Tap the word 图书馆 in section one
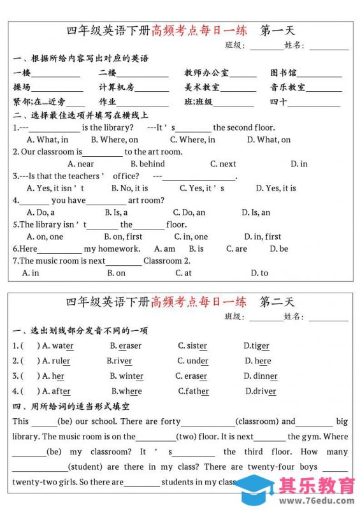284,73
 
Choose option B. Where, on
114,140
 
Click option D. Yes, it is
276,188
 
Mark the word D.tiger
256,346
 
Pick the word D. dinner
261,376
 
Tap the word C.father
193,391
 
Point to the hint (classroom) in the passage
257,421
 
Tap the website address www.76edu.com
317,500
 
